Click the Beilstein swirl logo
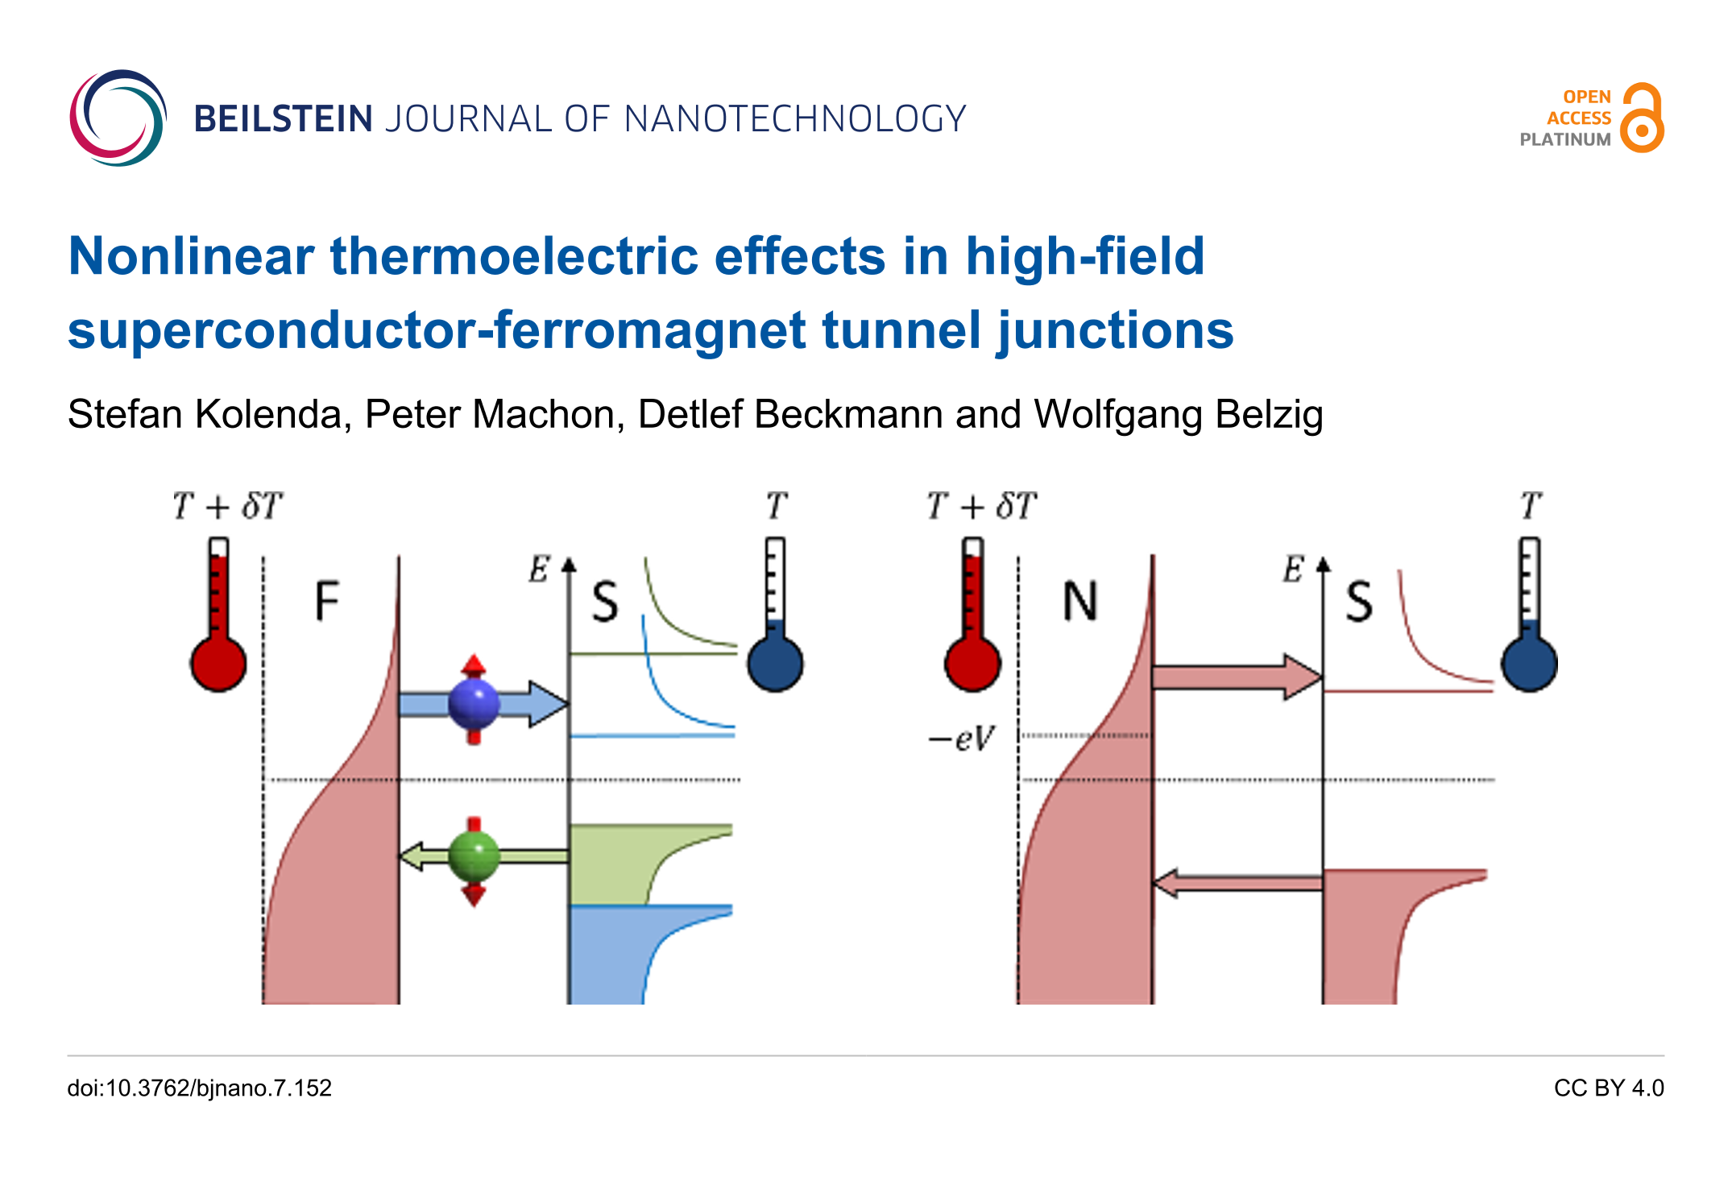click(118, 118)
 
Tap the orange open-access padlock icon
click(1642, 119)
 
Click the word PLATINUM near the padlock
click(1564, 139)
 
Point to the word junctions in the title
click(1115, 331)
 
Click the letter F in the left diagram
click(326, 601)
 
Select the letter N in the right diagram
click(1079, 601)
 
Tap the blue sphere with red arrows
click(474, 702)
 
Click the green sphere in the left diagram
click(474, 856)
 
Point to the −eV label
click(962, 738)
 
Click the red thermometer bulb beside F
click(218, 665)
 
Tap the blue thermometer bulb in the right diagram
click(1528, 665)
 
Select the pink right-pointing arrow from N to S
click(1237, 677)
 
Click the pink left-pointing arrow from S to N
click(1237, 884)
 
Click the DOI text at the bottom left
click(199, 1088)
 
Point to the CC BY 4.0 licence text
click(1608, 1088)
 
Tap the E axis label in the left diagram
click(538, 570)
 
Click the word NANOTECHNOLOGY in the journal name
click(794, 119)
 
